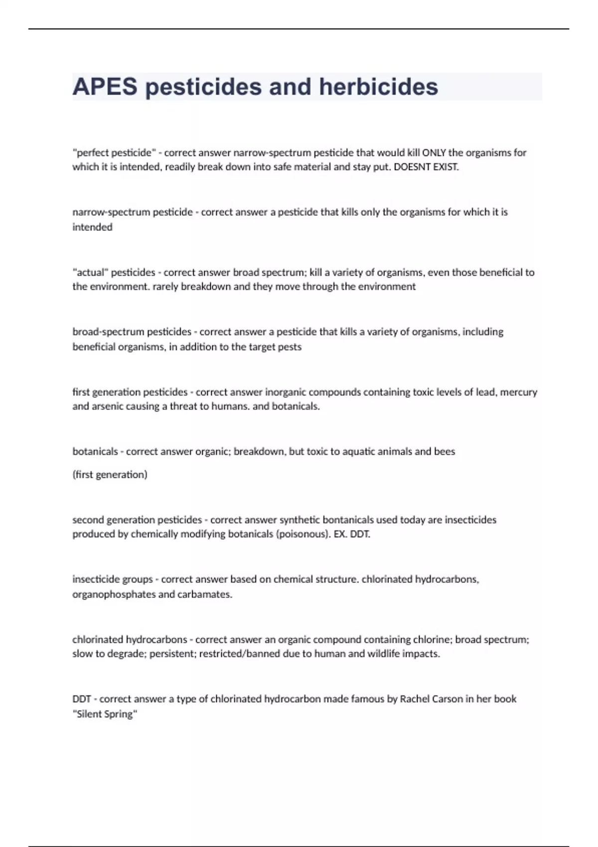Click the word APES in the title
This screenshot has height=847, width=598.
pos(105,87)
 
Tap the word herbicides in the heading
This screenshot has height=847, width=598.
pos(378,87)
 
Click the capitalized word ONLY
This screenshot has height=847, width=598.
pos(434,152)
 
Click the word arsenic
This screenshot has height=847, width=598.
pos(109,406)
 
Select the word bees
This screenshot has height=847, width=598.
pos(445,451)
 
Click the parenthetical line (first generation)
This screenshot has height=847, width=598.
pos(110,474)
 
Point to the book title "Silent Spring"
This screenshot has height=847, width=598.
pos(105,714)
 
